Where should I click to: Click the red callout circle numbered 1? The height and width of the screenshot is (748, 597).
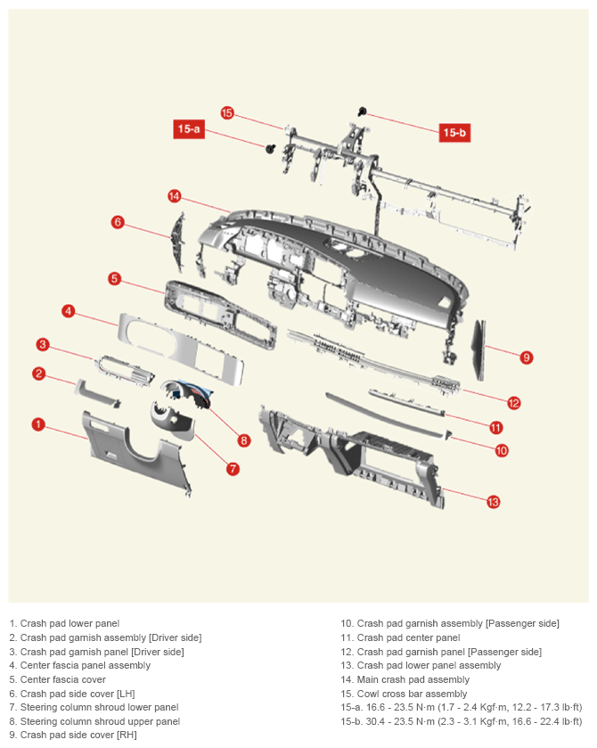tap(38, 424)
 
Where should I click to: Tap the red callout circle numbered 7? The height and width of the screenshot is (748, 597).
tap(233, 468)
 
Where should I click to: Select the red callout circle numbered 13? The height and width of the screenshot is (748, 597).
tap(493, 501)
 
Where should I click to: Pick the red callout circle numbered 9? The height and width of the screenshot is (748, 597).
tap(526, 358)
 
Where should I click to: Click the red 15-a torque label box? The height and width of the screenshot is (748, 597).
tap(189, 128)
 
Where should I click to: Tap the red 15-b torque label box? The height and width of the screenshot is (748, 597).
tap(454, 132)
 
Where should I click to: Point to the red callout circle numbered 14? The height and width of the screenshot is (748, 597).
tap(175, 196)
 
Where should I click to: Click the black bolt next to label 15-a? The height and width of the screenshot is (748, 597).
tap(270, 148)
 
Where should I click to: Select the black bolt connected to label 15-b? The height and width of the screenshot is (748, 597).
tap(362, 112)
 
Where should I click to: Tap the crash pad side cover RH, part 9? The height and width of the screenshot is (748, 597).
tap(479, 350)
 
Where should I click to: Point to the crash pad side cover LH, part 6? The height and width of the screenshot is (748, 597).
tap(178, 243)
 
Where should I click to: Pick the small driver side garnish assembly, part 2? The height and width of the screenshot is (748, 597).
tap(97, 394)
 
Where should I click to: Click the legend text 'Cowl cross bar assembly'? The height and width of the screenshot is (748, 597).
tap(412, 694)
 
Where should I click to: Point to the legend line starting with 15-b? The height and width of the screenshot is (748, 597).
tap(461, 721)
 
